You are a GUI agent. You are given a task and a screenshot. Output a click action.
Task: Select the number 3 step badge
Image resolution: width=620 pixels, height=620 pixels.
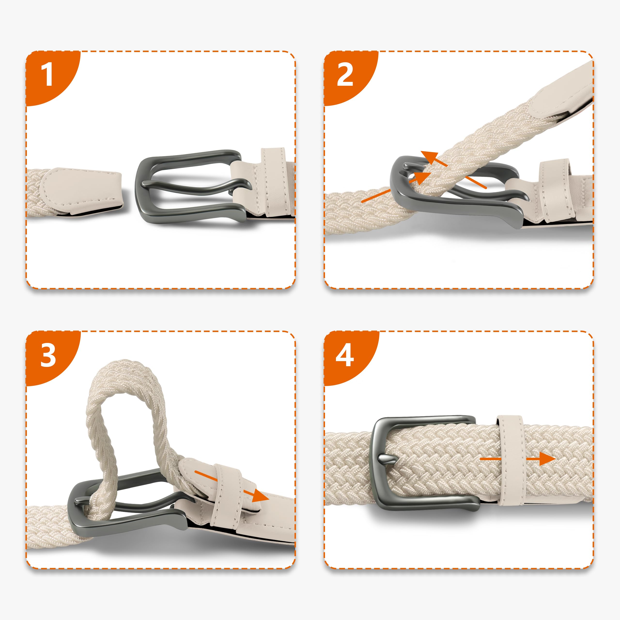point(48,355)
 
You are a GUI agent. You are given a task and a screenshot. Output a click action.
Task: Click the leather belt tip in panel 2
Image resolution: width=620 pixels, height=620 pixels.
point(558,93)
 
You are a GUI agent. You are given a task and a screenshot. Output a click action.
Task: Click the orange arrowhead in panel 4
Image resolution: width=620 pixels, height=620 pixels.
point(547,459)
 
